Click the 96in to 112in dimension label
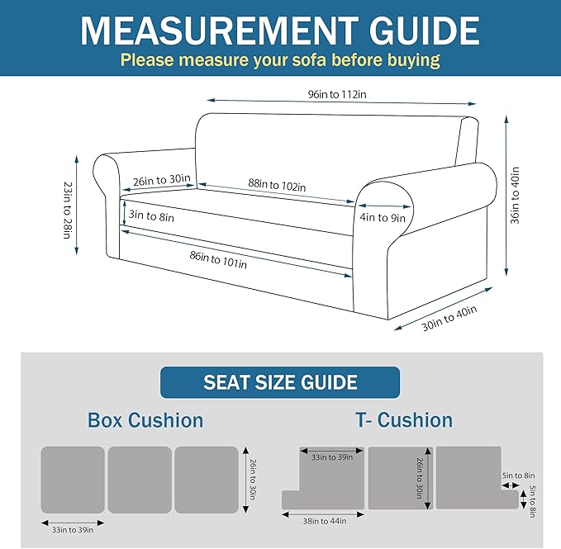tap(337, 94)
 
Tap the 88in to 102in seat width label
tap(278, 185)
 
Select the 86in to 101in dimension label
tap(218, 260)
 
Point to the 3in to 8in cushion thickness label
tap(151, 215)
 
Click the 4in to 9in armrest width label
tap(383, 217)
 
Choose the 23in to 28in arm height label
tap(67, 211)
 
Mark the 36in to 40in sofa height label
tap(515, 196)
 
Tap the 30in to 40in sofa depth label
tap(449, 318)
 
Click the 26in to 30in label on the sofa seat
tap(162, 180)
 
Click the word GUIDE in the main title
tap(424, 31)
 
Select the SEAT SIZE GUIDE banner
tap(280, 382)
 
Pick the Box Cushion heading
tap(145, 420)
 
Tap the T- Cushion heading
tap(404, 419)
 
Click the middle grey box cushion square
tap(140, 480)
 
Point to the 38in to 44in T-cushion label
tap(325, 521)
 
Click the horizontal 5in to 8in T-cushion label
tap(518, 476)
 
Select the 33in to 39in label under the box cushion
tap(73, 530)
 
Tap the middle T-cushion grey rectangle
tap(401, 478)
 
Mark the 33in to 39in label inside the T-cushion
tap(332, 457)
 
